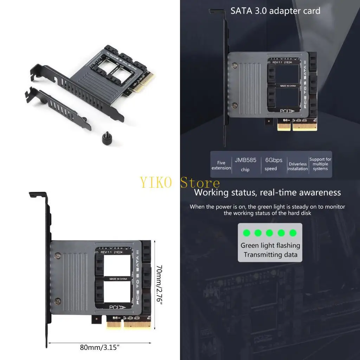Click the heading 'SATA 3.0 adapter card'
pyautogui.click(x=275, y=11)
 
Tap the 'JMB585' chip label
pyautogui.click(x=245, y=160)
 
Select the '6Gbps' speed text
pyautogui.click(x=274, y=160)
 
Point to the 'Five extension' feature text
pyautogui.click(x=221, y=165)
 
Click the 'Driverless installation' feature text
pyautogui.click(x=297, y=166)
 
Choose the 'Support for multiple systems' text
pyautogui.click(x=320, y=164)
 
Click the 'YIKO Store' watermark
pyautogui.click(x=180, y=183)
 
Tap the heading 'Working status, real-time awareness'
pyautogui.click(x=267, y=193)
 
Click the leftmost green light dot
pyautogui.click(x=247, y=233)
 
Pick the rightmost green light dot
pyautogui.click(x=293, y=233)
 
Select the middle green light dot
pyautogui.click(x=270, y=233)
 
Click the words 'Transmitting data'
pyautogui.click(x=270, y=255)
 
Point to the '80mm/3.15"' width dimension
pyautogui.click(x=100, y=348)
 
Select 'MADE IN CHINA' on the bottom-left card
pyautogui.click(x=118, y=279)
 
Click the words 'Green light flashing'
pyautogui.click(x=270, y=245)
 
